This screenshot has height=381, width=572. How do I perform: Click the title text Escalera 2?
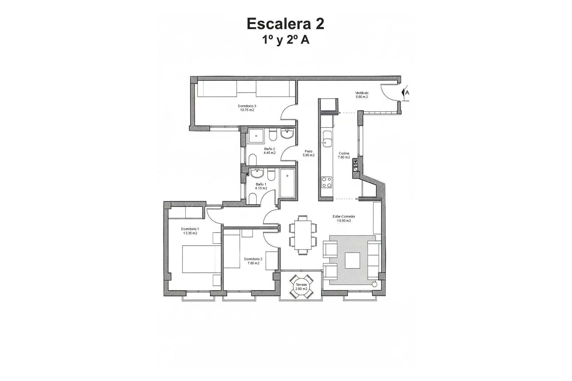tap(285, 24)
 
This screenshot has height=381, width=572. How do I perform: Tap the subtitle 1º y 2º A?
tap(285, 40)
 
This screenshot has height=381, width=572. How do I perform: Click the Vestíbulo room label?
tap(362, 93)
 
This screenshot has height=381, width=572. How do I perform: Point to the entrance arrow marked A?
tap(405, 92)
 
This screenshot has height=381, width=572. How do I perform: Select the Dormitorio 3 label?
tap(247, 106)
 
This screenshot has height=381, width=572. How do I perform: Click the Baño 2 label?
tap(269, 149)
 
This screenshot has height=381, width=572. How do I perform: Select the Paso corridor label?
tap(309, 151)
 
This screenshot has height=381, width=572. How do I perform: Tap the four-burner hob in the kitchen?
tap(327, 182)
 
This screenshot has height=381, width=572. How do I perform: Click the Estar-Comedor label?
tap(344, 217)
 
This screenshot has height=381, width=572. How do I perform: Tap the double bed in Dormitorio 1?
tap(201, 259)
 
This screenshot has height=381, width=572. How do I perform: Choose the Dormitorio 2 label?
tap(253, 259)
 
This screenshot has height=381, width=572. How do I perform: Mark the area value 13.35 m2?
tap(190, 233)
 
